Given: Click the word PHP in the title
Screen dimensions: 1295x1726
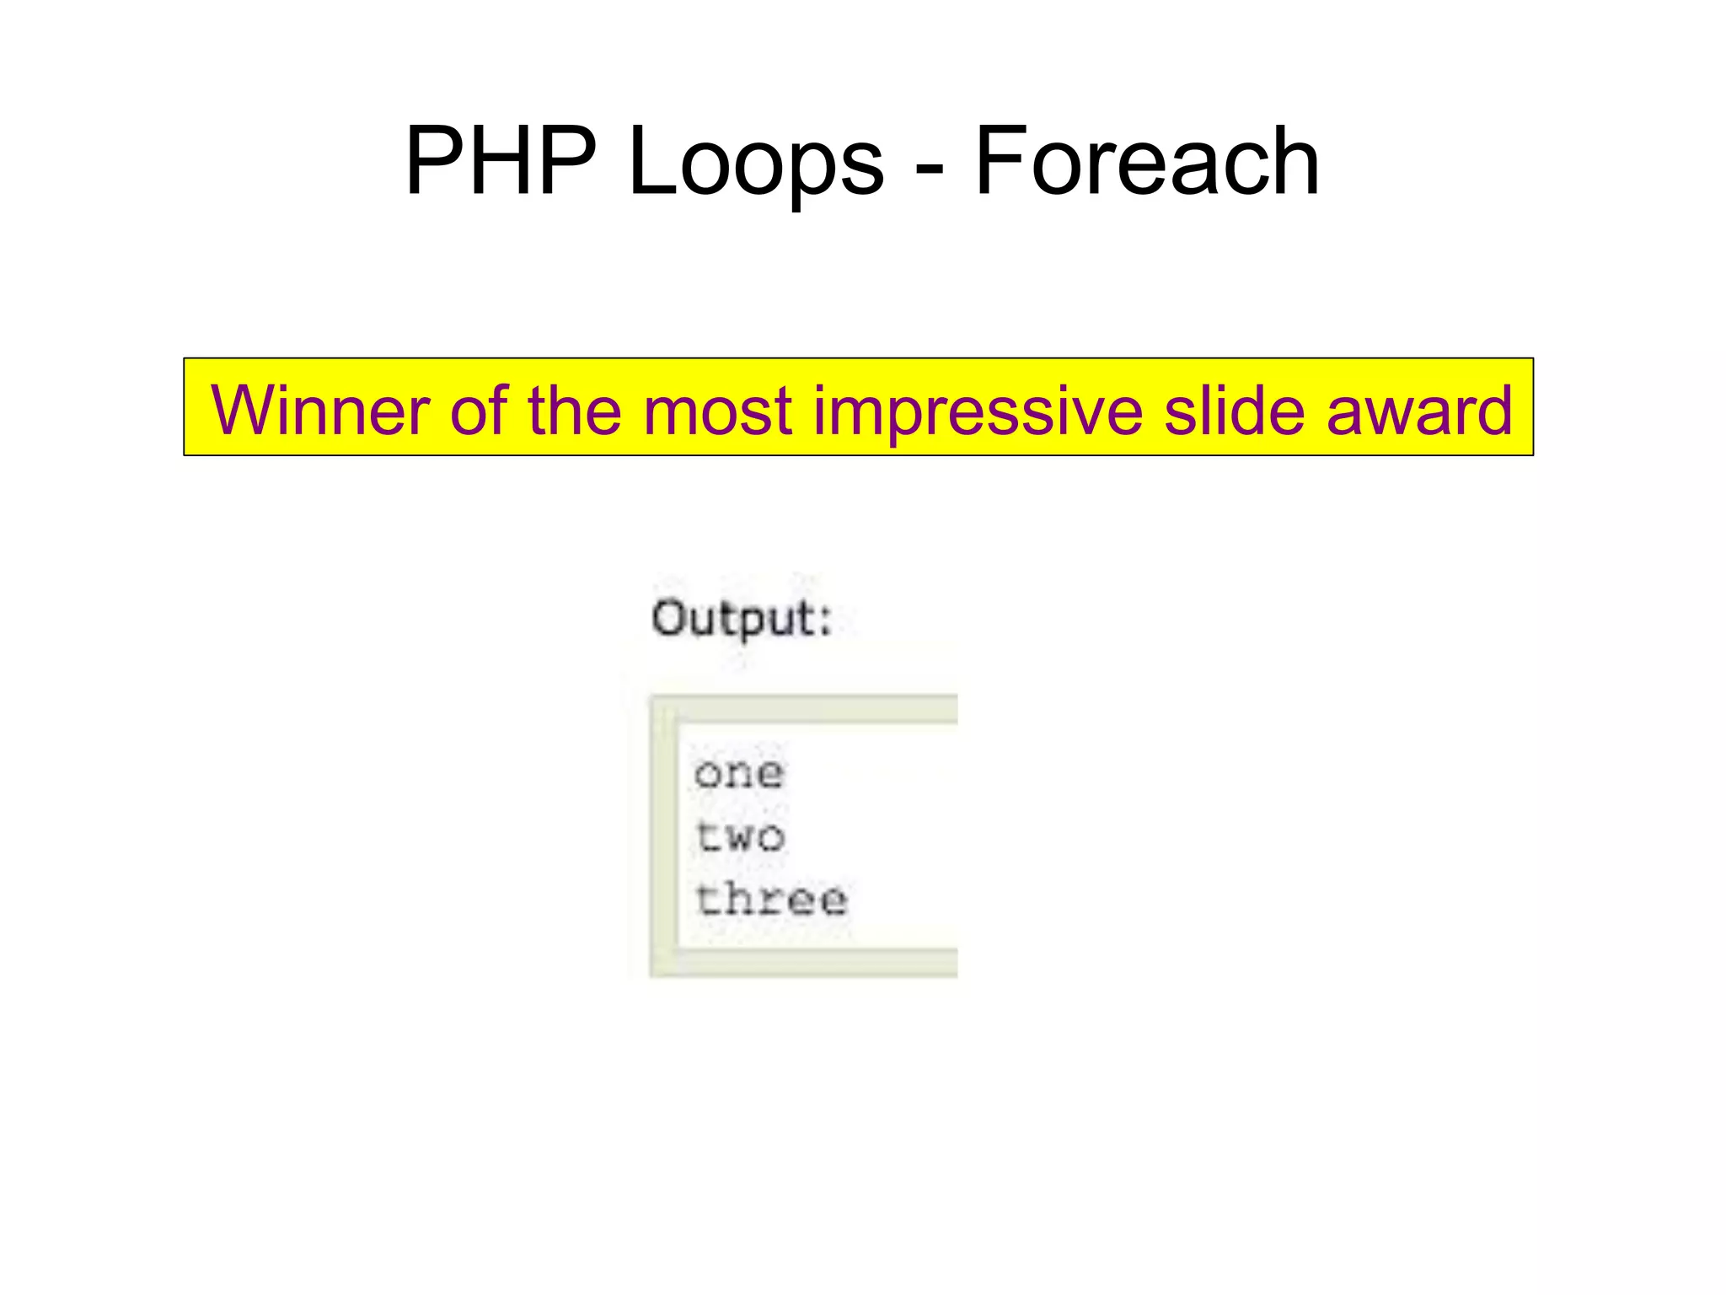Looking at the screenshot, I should (501, 160).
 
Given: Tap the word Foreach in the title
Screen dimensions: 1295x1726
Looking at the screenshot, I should (1146, 160).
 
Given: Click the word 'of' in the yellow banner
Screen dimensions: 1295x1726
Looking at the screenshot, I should (479, 410).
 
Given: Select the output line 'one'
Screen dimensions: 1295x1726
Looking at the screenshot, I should (739, 773).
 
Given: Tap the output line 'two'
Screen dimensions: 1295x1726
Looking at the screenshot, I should (740, 836).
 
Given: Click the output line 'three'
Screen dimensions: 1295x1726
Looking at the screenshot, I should (771, 899).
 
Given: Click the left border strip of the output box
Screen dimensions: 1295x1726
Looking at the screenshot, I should (663, 835).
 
